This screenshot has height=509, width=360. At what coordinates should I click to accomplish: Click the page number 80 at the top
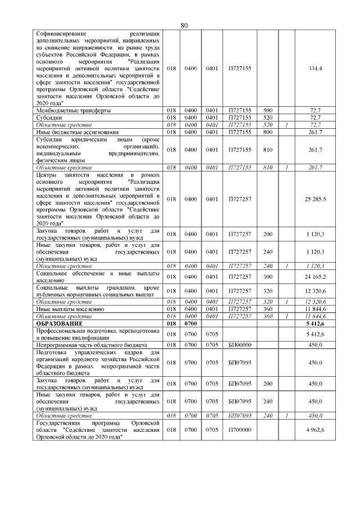click(x=184, y=25)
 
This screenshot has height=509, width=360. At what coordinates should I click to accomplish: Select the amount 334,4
click(x=316, y=68)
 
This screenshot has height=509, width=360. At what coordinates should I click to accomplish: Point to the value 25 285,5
click(x=315, y=199)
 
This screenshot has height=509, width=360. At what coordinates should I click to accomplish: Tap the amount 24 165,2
click(x=315, y=277)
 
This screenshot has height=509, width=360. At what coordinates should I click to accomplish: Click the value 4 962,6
click(x=315, y=430)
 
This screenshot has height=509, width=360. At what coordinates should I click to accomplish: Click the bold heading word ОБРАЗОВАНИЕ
click(x=59, y=324)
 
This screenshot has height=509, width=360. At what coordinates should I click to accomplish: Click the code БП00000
click(x=240, y=344)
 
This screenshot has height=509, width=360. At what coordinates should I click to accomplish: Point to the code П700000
click(x=240, y=430)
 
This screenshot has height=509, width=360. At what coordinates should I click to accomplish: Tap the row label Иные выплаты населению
click(x=69, y=309)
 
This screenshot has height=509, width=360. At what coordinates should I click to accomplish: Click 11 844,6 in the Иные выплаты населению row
click(x=315, y=309)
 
